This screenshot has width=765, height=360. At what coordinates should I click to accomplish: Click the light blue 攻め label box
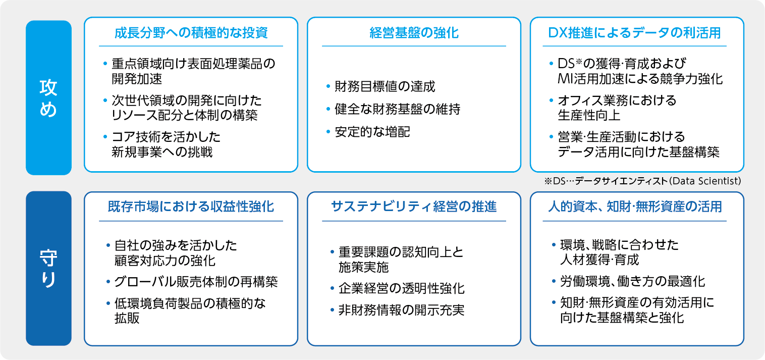coord(48,97)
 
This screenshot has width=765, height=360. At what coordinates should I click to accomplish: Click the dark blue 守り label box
coord(48,269)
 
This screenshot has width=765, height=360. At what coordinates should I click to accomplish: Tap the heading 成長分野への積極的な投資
coord(191,33)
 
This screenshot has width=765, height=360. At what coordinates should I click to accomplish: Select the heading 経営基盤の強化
coord(414,33)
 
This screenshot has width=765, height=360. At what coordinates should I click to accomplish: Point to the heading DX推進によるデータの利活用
coord(634,33)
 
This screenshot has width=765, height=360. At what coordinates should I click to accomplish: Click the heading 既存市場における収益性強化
coord(191,207)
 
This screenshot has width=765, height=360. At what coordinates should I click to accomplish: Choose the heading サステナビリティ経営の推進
coord(414,207)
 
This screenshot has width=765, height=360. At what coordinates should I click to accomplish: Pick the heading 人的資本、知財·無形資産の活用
coord(635,207)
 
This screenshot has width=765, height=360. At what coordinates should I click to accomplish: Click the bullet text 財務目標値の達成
coord(385,86)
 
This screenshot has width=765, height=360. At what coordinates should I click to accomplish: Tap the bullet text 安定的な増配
coord(372,132)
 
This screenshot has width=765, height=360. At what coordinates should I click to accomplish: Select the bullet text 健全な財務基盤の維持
coord(398,109)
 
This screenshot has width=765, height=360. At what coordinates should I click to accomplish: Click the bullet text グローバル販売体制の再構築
coord(196,282)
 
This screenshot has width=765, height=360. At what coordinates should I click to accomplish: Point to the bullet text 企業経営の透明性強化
coord(402,289)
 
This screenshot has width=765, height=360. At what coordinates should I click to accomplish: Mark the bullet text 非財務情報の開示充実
coord(402,310)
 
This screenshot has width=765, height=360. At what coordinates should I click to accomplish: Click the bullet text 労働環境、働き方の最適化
coord(632,281)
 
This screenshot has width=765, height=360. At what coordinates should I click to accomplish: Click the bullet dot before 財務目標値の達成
coord(328,86)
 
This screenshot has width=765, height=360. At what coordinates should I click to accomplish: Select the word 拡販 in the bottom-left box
coord(127,318)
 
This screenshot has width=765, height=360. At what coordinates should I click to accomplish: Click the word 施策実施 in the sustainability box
coord(364,267)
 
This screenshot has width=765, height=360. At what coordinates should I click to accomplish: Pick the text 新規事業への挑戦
coord(162,152)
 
